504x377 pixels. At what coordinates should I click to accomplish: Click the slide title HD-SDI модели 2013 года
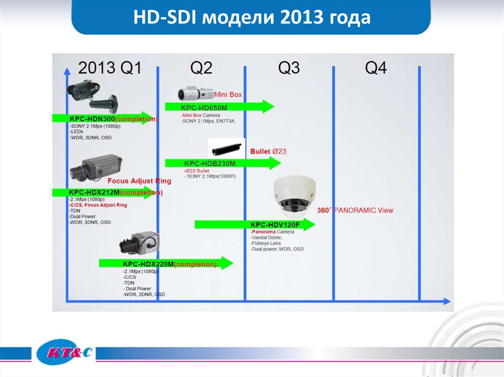pyautogui.click(x=252, y=18)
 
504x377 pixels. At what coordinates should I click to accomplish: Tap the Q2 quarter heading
pyautogui.click(x=201, y=67)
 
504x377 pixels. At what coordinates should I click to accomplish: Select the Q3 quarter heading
pyautogui.click(x=289, y=67)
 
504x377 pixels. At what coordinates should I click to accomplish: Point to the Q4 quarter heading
pyautogui.click(x=376, y=67)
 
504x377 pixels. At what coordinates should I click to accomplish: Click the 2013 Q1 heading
pyautogui.click(x=110, y=67)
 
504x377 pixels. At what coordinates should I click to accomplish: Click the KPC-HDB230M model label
pyautogui.click(x=210, y=164)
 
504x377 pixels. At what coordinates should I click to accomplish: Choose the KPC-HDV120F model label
pyautogui.click(x=275, y=225)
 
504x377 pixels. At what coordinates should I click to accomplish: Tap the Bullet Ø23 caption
pyautogui.click(x=268, y=151)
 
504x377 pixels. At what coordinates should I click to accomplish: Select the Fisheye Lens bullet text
pyautogui.click(x=266, y=243)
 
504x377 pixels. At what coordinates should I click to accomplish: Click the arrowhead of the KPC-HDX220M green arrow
pyautogui.click(x=226, y=263)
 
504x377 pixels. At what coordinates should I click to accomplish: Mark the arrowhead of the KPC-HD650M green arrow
pyautogui.click(x=268, y=107)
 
